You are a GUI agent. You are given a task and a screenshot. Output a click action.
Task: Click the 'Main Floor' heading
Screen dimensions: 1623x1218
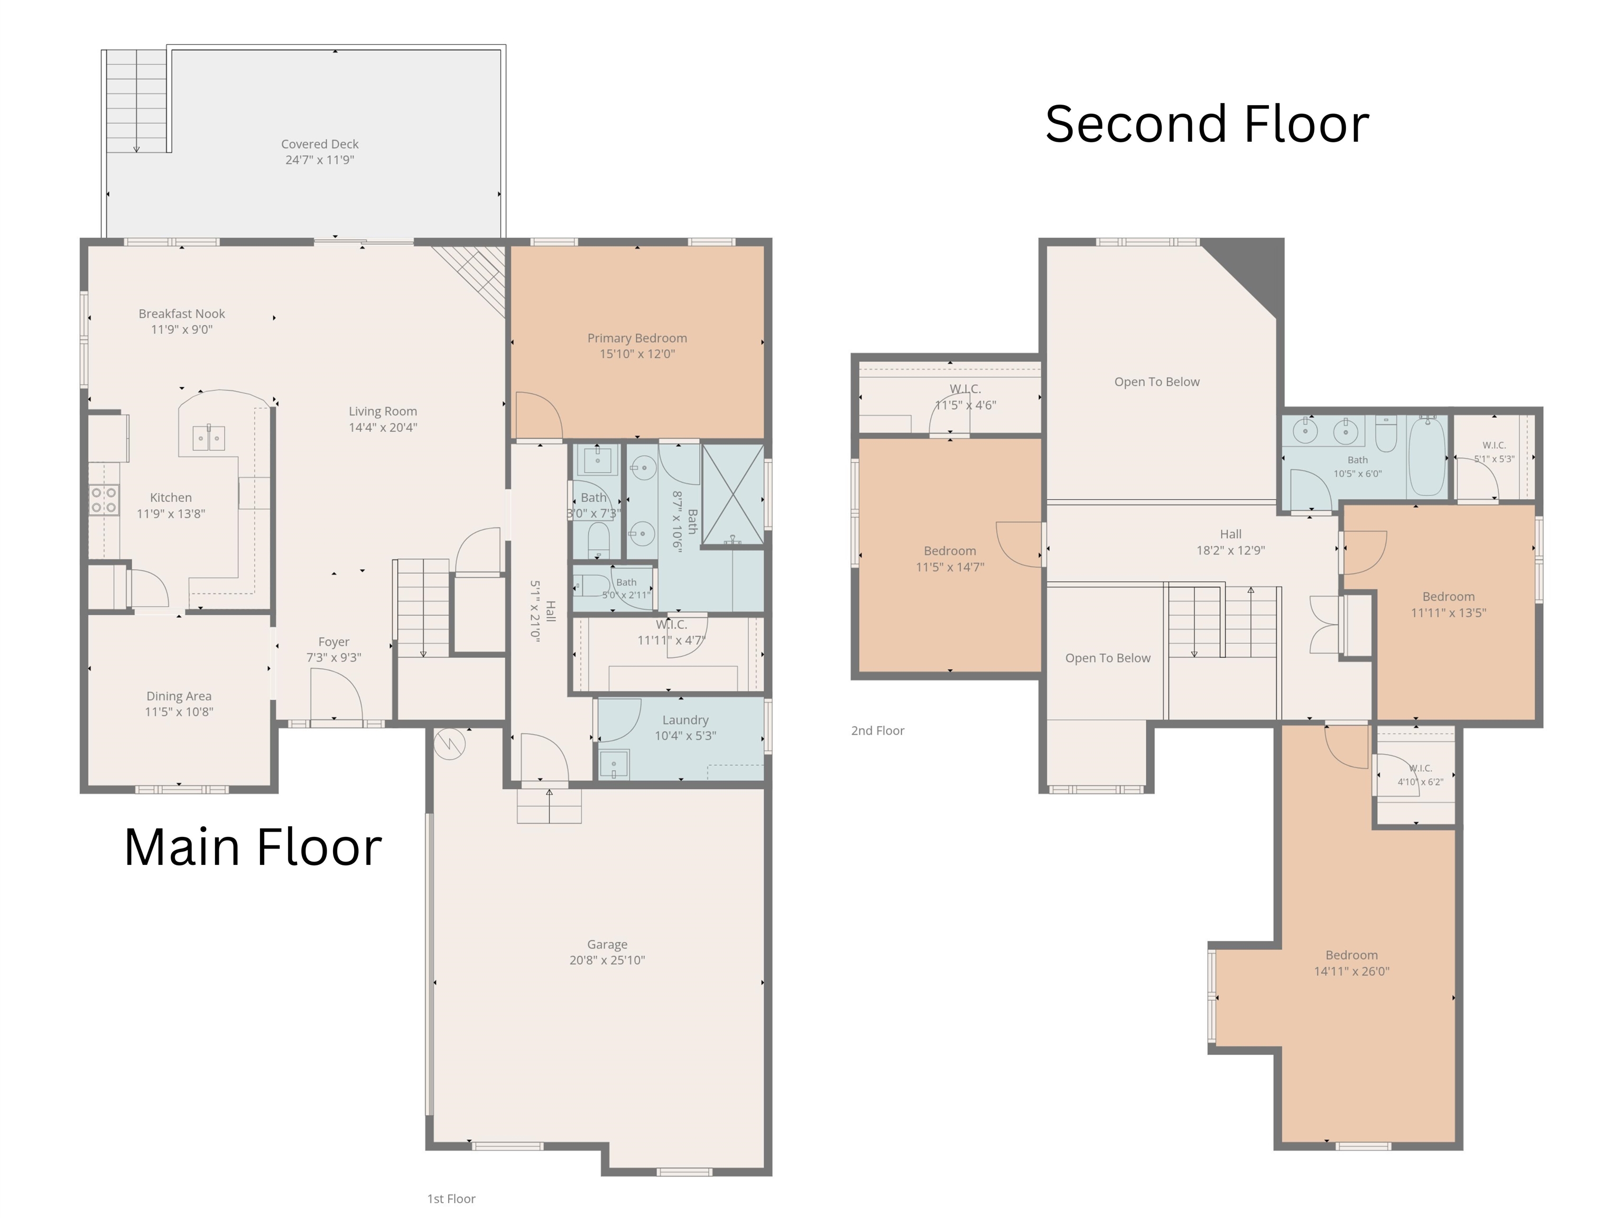(253, 847)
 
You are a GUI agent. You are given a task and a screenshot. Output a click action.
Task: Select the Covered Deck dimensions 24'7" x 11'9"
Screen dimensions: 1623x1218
(320, 160)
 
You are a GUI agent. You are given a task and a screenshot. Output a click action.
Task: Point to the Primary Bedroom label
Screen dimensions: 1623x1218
(637, 338)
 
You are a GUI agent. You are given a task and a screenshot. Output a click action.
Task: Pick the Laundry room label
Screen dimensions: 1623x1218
(685, 721)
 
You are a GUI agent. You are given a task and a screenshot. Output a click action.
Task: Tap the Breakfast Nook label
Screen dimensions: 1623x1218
(182, 314)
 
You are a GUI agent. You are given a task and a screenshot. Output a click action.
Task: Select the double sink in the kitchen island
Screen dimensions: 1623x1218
(208, 438)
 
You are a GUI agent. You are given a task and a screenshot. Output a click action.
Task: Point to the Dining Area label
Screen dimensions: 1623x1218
(179, 696)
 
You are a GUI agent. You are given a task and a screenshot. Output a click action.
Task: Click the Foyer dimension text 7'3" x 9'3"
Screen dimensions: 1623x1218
(334, 658)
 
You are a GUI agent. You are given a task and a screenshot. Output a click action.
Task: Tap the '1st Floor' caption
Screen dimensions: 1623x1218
(451, 1199)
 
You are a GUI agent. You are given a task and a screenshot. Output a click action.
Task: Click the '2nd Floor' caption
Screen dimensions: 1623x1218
(877, 731)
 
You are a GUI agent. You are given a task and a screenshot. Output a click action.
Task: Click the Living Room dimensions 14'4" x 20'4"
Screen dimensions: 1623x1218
(383, 427)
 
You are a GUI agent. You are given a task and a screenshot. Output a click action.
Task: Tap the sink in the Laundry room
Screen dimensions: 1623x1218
(614, 764)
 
